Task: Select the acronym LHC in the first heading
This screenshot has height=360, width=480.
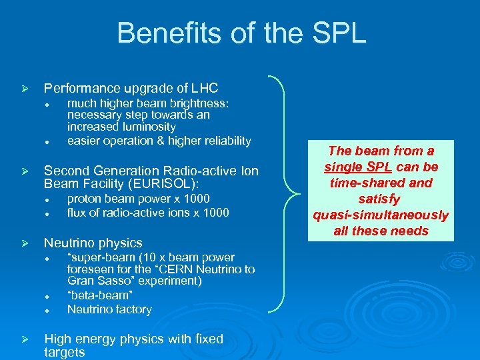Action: click(204, 88)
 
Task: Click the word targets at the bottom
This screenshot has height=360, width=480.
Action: click(64, 352)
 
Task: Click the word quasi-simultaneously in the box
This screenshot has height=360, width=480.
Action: click(381, 215)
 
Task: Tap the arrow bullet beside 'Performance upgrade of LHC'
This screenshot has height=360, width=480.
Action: click(23, 89)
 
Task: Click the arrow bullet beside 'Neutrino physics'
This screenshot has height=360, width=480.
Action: click(23, 243)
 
